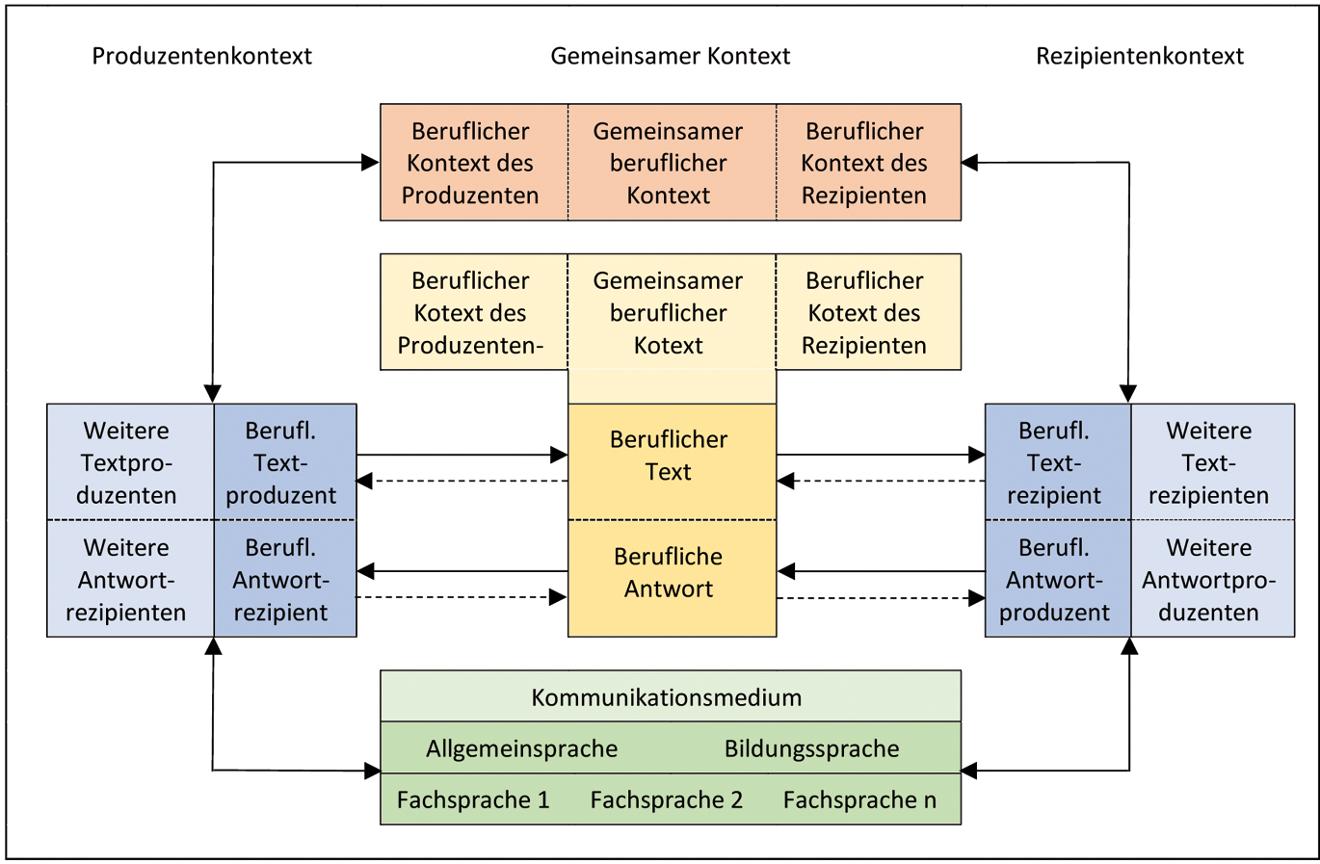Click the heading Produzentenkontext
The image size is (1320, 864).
pos(201,56)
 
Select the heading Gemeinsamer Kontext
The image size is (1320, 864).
pos(670,56)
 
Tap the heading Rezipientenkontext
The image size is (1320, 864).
pos(1139,56)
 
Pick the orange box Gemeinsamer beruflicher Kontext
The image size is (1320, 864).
pos(668,163)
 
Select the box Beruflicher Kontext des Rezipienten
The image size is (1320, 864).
pos(864,163)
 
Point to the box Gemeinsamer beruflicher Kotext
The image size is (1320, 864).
pos(668,312)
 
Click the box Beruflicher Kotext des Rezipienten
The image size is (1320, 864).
pos(864,312)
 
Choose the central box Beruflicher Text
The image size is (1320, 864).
pos(669,456)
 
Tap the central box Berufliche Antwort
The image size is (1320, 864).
pos(669,573)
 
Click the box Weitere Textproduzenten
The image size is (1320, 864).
pos(127,462)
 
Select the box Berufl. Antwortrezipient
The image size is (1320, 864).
pos(281,579)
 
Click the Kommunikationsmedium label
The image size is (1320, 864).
pos(667,696)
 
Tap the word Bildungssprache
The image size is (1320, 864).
pos(811,748)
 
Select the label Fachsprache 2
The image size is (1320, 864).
pos(667,799)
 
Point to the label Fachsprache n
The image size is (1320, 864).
pos(859,799)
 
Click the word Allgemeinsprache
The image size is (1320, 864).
pos(522,748)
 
